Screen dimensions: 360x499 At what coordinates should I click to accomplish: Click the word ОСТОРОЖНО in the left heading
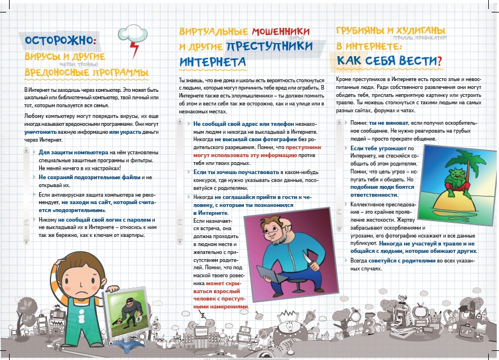point(58,41)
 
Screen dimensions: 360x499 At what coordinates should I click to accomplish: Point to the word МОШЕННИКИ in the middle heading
point(281,31)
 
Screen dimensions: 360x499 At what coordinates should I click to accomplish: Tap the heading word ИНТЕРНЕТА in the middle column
point(213,61)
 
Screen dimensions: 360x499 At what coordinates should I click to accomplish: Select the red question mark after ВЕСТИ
point(439,60)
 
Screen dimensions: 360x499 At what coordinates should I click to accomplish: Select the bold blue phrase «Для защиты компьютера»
point(73,153)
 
